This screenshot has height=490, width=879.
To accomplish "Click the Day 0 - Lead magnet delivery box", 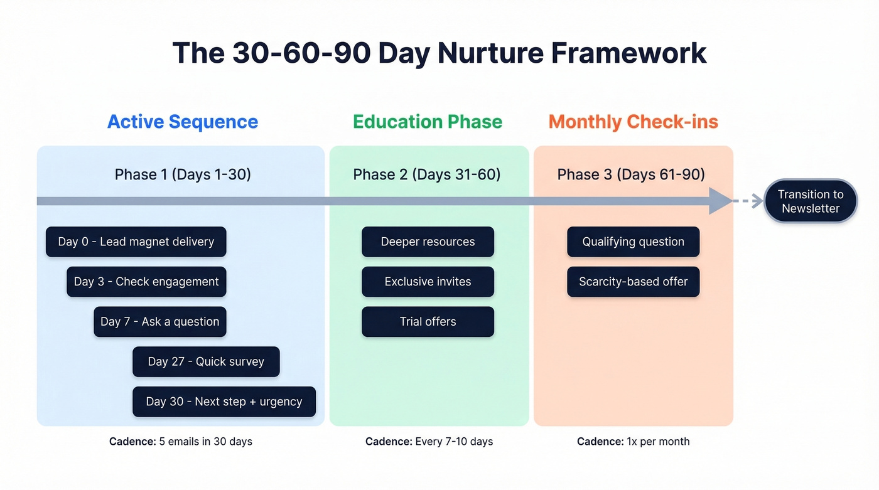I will [136, 242].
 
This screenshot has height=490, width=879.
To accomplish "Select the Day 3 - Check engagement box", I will [146, 282].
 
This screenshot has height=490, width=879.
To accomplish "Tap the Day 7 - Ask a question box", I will [159, 322].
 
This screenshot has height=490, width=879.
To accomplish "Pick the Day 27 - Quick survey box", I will [206, 361].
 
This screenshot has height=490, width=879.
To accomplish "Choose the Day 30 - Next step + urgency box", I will [224, 402].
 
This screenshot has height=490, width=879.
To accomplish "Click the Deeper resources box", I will [428, 242].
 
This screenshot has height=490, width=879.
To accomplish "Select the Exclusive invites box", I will [428, 282].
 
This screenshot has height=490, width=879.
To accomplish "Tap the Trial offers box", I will [428, 322].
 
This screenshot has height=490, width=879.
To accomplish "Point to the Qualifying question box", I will [633, 242].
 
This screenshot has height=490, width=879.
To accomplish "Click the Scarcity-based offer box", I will [633, 282].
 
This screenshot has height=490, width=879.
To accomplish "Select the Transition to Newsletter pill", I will [810, 201].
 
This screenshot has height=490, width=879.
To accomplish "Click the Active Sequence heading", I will [183, 122].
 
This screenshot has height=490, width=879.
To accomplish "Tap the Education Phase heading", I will [428, 122].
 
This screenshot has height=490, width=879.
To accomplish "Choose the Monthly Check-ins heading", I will [633, 122].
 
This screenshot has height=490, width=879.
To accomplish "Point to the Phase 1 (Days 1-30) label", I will [183, 174].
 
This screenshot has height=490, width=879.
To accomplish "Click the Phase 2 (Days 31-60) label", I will [427, 174].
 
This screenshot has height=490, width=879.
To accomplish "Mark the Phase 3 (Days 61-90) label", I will [631, 174].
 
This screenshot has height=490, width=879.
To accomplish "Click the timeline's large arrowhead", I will [720, 201].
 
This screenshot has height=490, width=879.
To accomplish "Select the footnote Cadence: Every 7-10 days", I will [429, 442].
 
